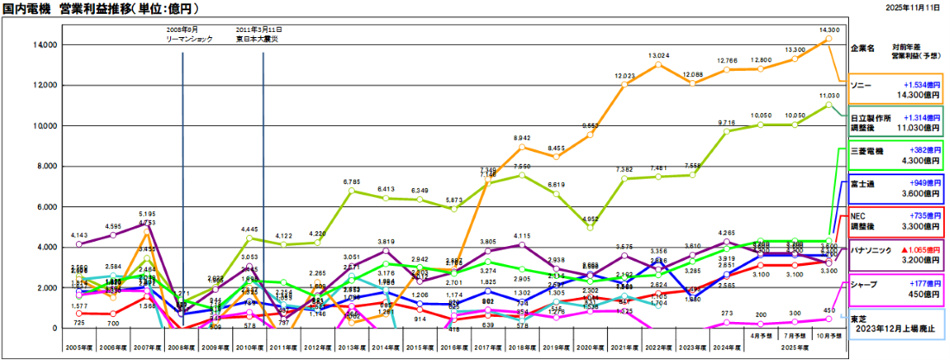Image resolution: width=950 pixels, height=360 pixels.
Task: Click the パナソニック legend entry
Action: click(897, 255)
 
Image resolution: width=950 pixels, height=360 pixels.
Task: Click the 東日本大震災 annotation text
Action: click(259, 40)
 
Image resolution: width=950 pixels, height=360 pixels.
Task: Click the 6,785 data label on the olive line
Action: click(351, 182)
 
